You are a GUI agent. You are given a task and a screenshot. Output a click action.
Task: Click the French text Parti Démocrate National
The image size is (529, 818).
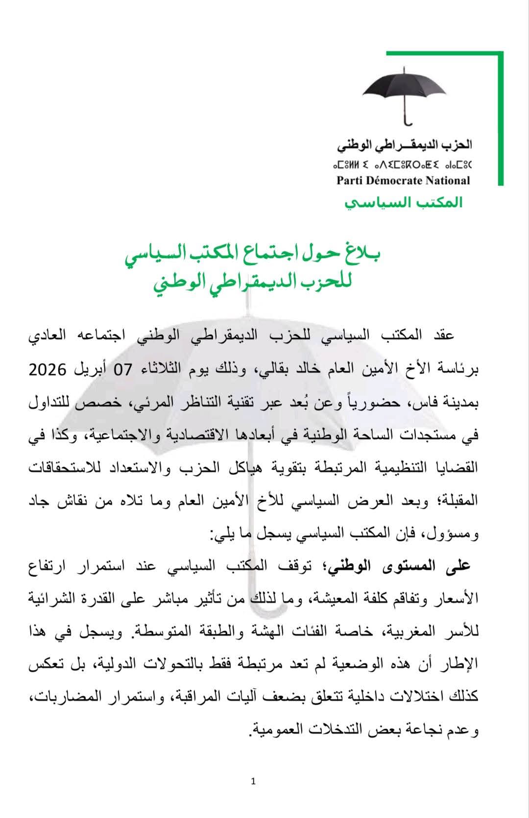(403, 181)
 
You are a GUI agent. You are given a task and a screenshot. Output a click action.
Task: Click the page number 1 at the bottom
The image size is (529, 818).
(253, 781)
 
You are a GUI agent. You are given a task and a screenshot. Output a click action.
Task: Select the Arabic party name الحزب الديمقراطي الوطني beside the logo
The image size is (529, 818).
(405, 145)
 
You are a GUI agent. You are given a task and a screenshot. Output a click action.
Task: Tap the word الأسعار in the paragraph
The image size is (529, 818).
(458, 599)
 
